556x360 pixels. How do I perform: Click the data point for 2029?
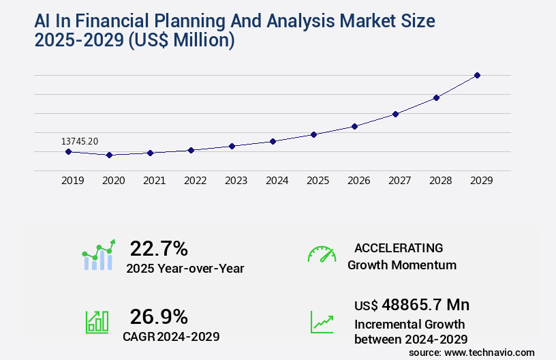tap(477, 75)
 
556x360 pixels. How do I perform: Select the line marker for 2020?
tap(109, 155)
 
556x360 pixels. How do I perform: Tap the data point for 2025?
tap(313, 134)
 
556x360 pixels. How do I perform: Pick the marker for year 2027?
tap(395, 114)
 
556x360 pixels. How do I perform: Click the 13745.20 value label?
tap(80, 141)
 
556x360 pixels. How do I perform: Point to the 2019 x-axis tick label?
tap(72, 181)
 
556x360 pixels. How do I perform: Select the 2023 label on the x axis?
tap(236, 181)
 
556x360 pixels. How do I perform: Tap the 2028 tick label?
tap(440, 181)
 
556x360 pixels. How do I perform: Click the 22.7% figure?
tap(159, 248)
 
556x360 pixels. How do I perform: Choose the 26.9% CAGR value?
tap(159, 316)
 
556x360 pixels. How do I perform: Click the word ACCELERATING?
tap(399, 247)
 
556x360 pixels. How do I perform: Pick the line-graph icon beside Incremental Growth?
tap(322, 322)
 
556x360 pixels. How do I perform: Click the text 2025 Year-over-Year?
tap(185, 269)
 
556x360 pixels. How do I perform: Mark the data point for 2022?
tap(191, 150)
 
